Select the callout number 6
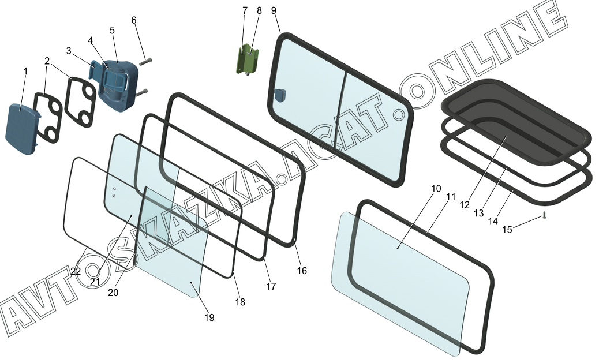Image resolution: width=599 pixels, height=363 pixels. [x=134, y=20]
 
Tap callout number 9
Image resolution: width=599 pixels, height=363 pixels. [x=273, y=10]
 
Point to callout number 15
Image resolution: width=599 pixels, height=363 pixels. [x=507, y=230]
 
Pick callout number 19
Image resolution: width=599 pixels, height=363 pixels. [x=209, y=317]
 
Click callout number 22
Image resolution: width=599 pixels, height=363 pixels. [x=76, y=271]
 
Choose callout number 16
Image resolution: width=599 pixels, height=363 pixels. [x=302, y=271]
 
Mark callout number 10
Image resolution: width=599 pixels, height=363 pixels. [x=436, y=189]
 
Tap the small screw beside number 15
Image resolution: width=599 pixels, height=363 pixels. [x=544, y=217]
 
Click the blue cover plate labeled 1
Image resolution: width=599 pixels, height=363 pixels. [x=21, y=130]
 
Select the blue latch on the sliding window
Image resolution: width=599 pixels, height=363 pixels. [x=280, y=95]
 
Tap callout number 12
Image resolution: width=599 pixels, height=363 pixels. [x=465, y=205]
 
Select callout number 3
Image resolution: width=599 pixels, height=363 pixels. [x=69, y=51]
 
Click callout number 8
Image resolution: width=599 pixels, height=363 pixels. [x=259, y=10]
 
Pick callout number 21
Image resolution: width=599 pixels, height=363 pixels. [x=95, y=281]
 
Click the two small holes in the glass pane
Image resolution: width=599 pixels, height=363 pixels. [x=114, y=191]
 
